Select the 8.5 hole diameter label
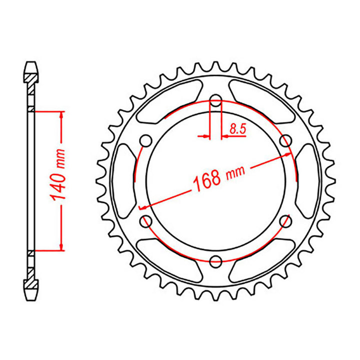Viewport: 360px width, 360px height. click(238, 128)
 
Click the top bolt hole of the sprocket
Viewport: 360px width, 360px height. click(215, 102)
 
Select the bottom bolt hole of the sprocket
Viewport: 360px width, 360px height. click(215, 260)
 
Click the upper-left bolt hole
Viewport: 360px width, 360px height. click(146, 139)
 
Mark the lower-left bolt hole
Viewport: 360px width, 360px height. click(146, 220)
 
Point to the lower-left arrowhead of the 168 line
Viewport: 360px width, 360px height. click(142, 207)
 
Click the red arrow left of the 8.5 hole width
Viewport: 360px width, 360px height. click(203, 135)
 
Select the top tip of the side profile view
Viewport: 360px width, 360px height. click(31, 64)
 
